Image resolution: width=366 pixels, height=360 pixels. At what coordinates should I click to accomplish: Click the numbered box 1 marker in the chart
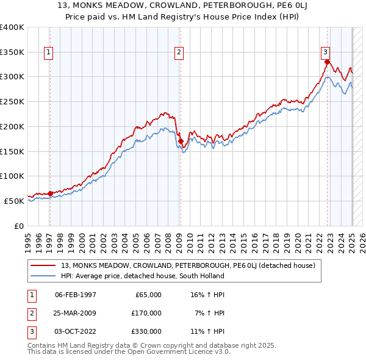(48, 53)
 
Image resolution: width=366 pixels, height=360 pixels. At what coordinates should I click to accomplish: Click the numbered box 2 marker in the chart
(179, 53)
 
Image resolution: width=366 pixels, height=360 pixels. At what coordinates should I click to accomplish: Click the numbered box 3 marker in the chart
(326, 53)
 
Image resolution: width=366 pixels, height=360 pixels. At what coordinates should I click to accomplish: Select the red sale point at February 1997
(51, 193)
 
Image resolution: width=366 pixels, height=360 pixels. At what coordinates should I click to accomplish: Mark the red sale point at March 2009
(181, 142)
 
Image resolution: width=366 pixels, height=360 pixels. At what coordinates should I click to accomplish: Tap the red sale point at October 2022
(328, 62)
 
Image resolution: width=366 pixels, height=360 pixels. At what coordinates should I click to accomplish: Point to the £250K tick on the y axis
(12, 101)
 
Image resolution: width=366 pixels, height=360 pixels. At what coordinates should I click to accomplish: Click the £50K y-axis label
(15, 201)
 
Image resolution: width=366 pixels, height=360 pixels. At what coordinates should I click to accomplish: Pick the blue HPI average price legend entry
(143, 276)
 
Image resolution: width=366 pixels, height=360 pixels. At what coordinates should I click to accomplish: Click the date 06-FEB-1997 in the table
(76, 295)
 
